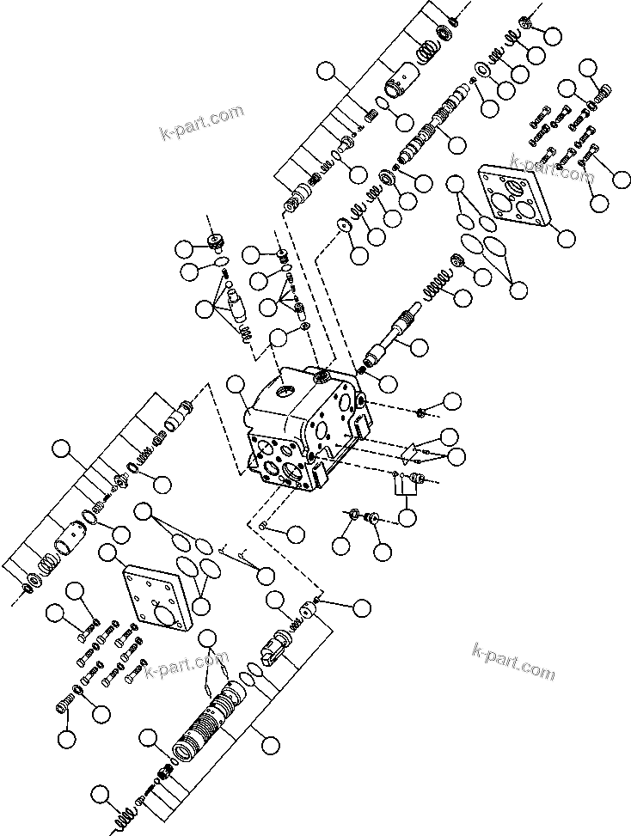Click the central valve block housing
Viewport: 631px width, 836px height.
(305, 430)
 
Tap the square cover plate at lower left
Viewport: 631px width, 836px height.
(155, 600)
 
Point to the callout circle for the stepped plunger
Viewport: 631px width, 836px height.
(419, 347)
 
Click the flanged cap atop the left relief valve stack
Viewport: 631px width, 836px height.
(214, 239)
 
